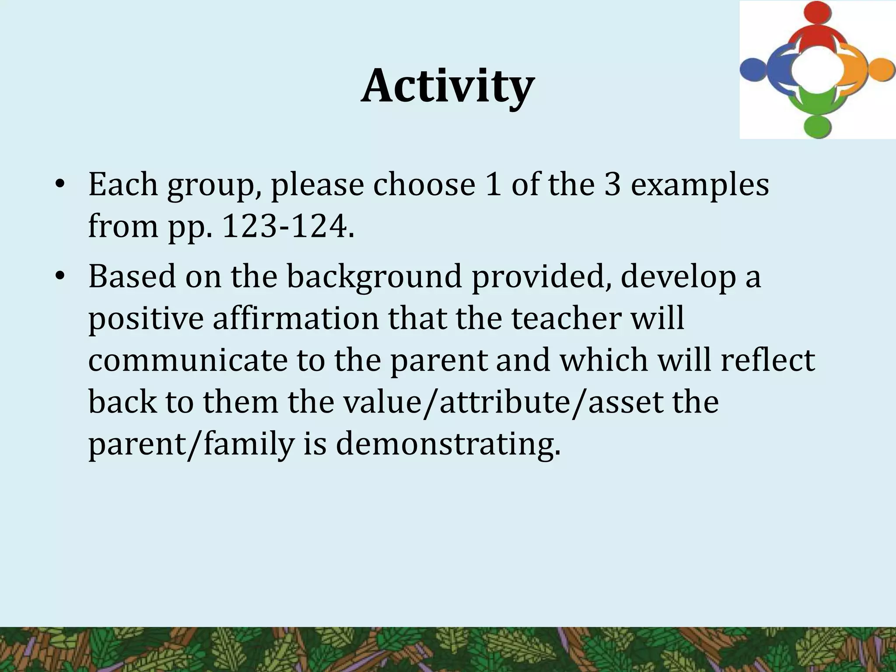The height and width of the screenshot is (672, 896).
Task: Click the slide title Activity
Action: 447,86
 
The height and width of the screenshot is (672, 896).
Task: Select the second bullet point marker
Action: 60,277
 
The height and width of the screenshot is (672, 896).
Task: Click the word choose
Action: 424,185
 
